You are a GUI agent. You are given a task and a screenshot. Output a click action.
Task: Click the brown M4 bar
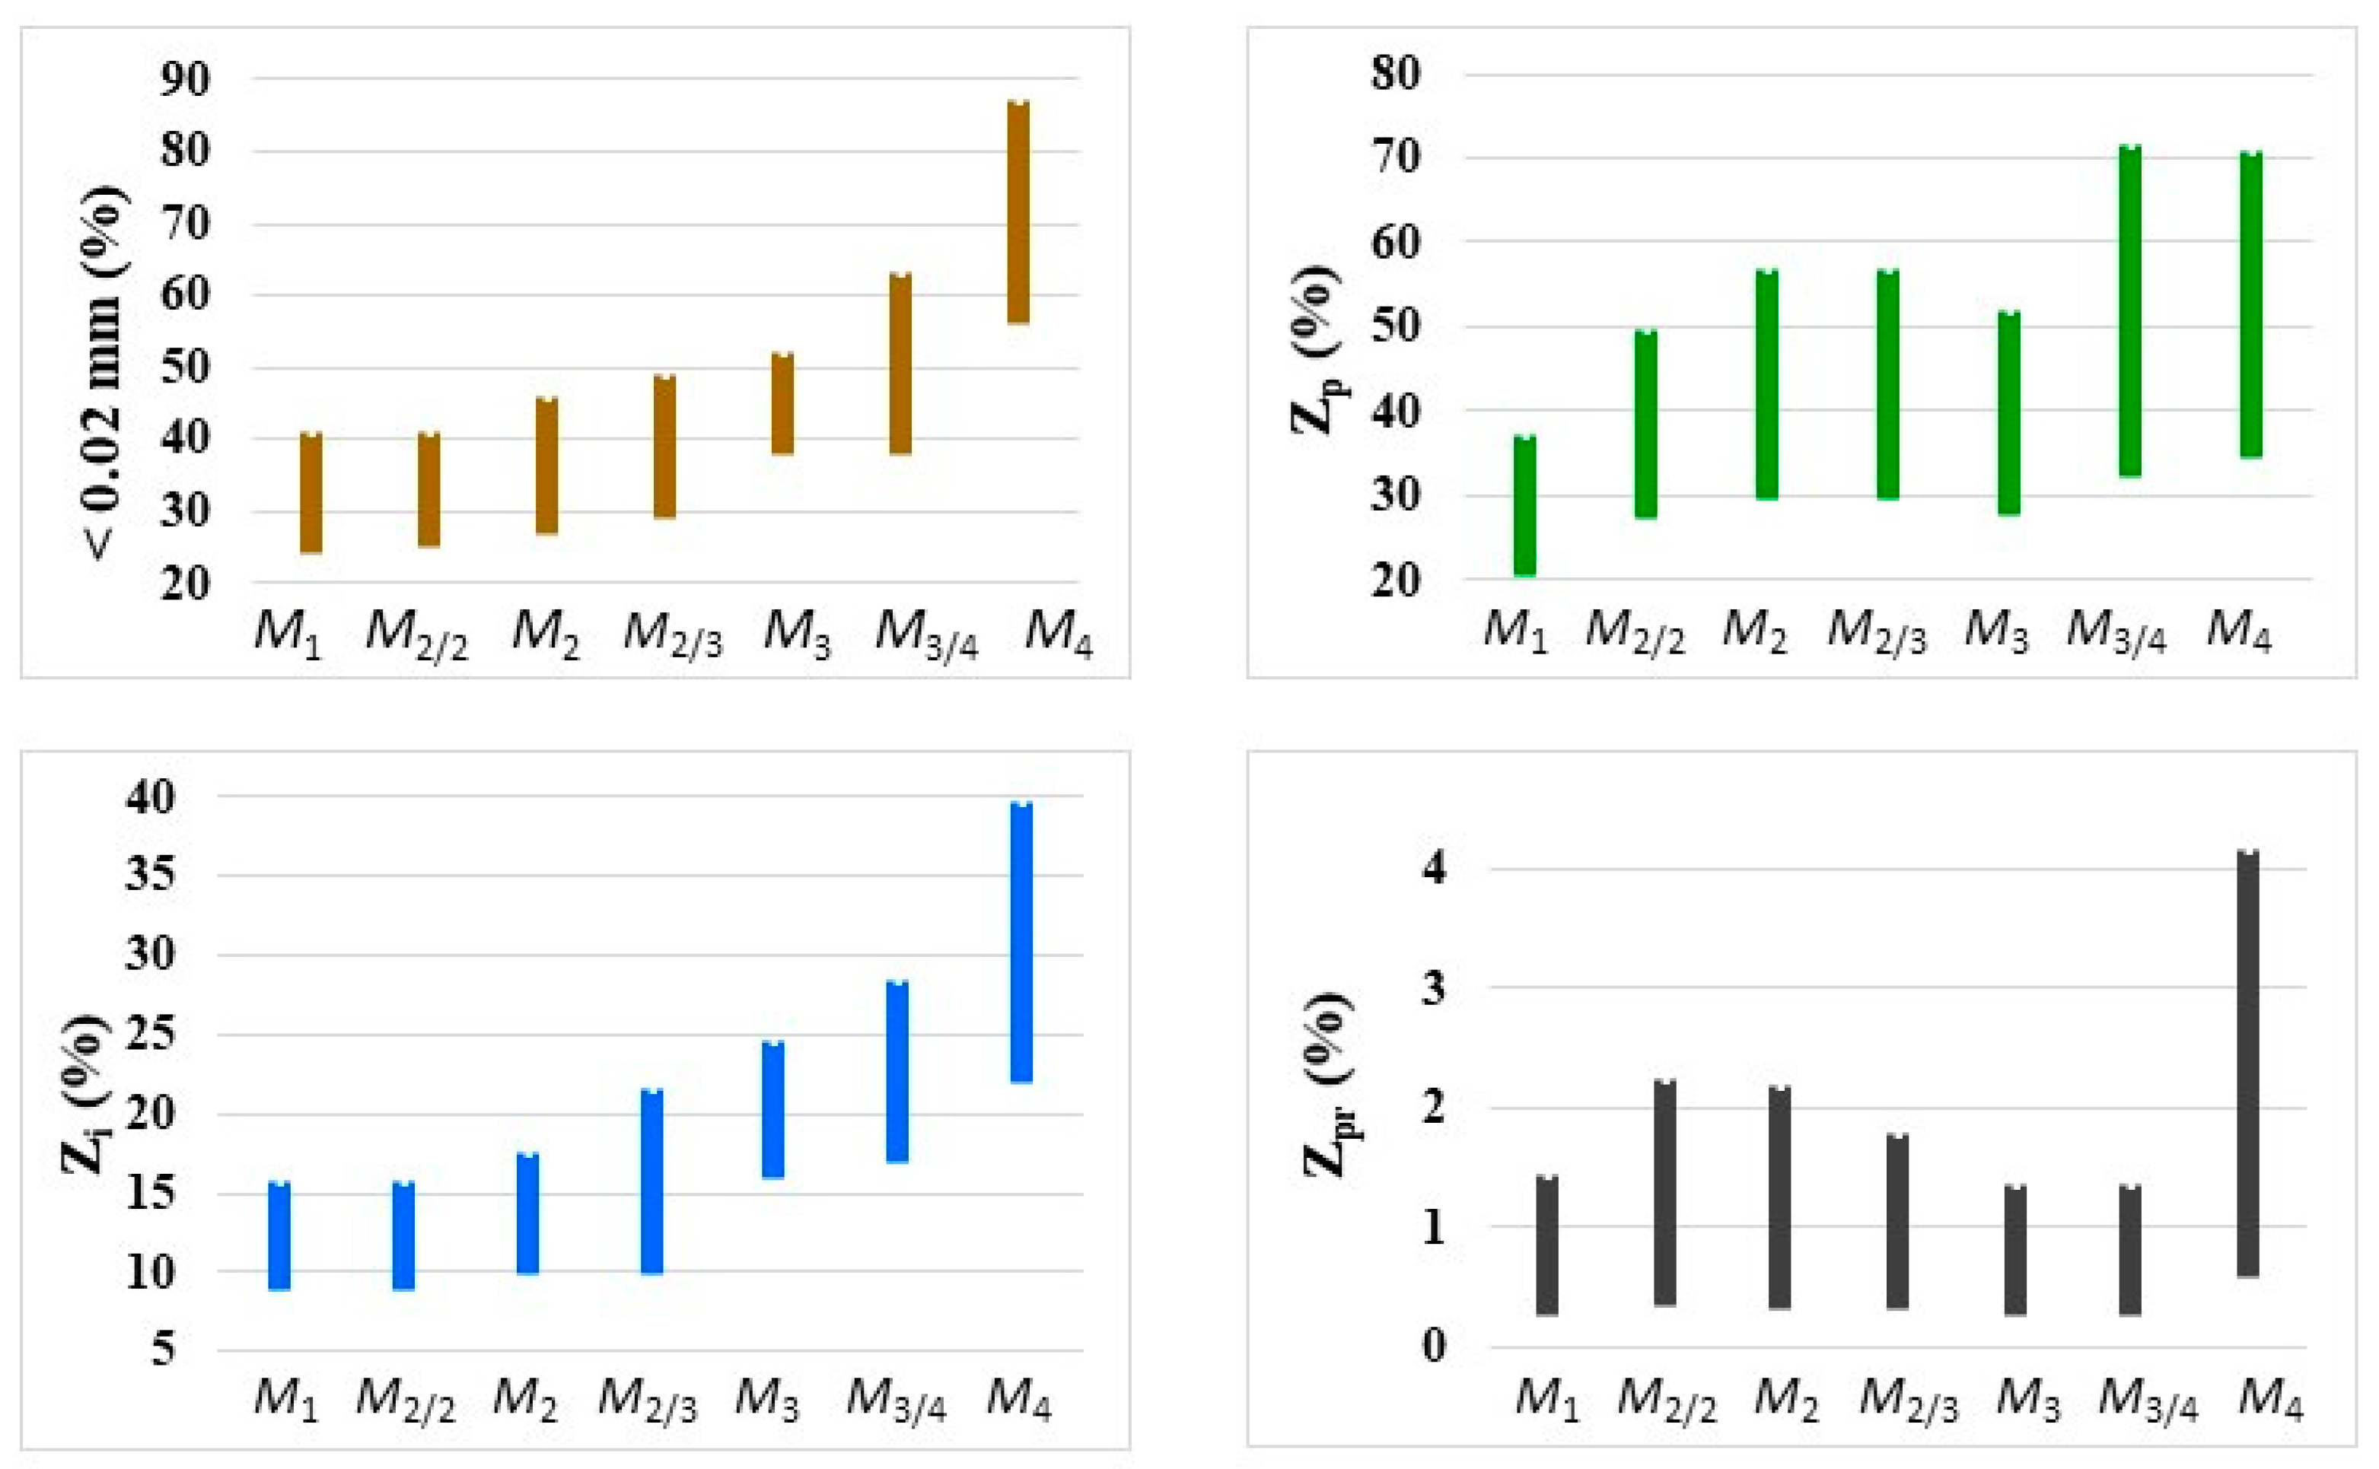[1018, 211]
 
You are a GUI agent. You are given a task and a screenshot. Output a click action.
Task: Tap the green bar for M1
[1525, 506]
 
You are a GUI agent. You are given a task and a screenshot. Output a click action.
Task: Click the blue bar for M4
[1021, 942]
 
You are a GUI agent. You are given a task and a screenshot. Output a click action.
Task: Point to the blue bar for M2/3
[652, 1181]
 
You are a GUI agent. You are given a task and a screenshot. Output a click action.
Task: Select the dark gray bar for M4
[2248, 1064]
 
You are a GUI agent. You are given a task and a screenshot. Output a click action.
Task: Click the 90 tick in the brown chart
[185, 80]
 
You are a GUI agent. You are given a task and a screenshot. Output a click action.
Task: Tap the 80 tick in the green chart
[1396, 74]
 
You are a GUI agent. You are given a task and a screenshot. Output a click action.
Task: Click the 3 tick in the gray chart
[1434, 988]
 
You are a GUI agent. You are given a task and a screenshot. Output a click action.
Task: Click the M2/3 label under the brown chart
[673, 634]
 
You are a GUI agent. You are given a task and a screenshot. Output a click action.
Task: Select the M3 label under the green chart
[1996, 631]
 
